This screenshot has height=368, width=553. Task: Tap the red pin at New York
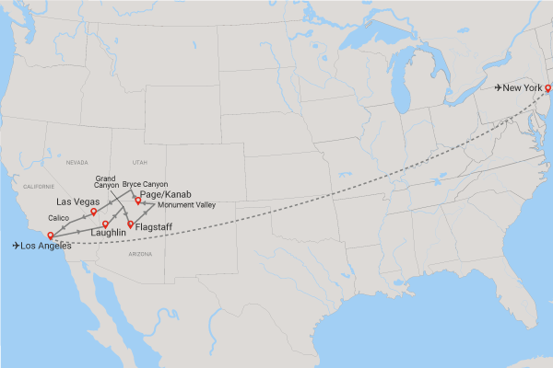(x=547, y=88)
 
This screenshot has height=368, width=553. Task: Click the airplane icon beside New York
(x=499, y=88)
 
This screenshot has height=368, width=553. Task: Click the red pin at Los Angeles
(x=50, y=236)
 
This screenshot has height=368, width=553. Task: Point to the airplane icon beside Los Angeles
(x=17, y=246)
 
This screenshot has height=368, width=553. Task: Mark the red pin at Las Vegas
(x=94, y=212)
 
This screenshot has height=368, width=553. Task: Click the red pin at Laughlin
(x=106, y=224)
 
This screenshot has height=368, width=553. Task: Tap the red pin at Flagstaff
(x=130, y=224)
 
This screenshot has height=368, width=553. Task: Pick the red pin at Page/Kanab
(x=138, y=200)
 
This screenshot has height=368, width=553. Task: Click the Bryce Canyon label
(x=146, y=184)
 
